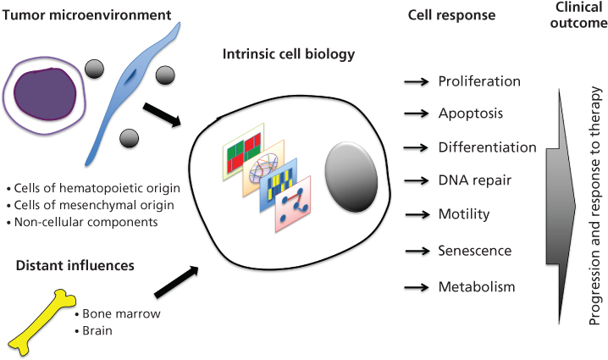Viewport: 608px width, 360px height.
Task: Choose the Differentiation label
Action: (487, 147)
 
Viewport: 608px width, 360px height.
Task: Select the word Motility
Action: (463, 213)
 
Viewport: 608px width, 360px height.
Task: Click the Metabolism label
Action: (476, 287)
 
